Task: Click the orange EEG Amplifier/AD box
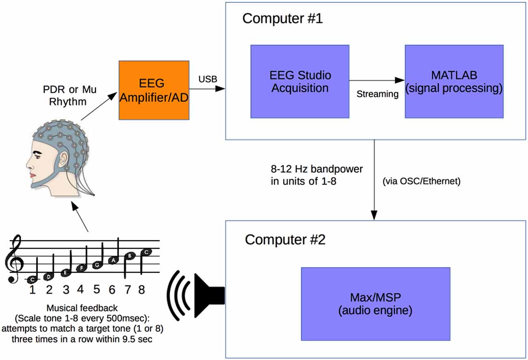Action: (x=154, y=90)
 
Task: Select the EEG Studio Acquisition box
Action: (x=300, y=81)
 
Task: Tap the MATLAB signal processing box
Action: (x=454, y=81)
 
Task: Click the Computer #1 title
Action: (x=283, y=19)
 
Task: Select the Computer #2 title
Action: (x=285, y=239)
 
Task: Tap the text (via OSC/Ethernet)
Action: (x=421, y=181)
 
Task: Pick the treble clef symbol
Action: (x=13, y=260)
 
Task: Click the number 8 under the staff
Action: (x=141, y=290)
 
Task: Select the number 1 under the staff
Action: (x=33, y=290)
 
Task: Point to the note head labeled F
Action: (x=81, y=268)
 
